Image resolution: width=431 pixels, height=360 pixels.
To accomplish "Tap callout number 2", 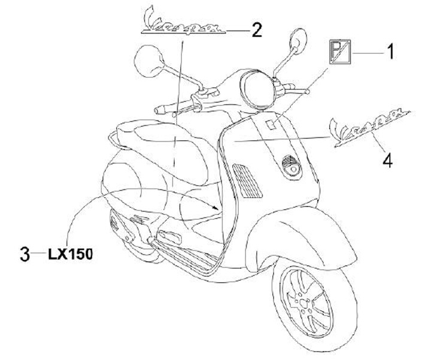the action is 256,29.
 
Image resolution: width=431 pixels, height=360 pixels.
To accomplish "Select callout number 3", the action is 25,254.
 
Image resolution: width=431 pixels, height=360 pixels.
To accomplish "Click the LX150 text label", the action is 70,254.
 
